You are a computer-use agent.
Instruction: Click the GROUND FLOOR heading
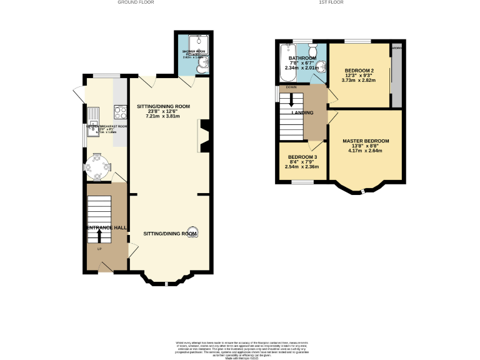tap(136, 2)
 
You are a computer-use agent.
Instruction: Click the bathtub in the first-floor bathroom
tap(288, 64)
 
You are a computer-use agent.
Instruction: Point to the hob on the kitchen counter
tap(119, 112)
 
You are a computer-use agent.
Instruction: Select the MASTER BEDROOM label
tap(366, 141)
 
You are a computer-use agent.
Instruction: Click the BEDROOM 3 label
tap(302, 157)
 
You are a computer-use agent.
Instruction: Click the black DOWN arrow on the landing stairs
tap(291, 101)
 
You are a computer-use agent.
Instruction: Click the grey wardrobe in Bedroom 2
tap(395, 77)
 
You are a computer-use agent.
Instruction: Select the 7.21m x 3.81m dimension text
tap(162, 117)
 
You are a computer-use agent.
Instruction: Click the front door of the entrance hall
tap(105, 267)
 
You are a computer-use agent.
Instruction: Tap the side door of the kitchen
tap(79, 94)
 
